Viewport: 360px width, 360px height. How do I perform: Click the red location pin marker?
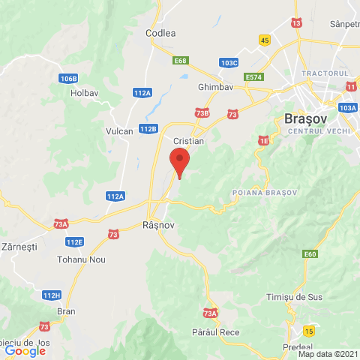pos(178,161)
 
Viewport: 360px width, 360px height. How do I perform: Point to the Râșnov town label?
pos(158,224)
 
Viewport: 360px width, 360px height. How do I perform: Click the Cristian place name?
pos(188,140)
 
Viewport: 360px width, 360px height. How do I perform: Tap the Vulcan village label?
pos(118,130)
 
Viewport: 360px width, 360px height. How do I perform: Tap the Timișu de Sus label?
pos(294,297)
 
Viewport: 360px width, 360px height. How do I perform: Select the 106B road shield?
pos(69,78)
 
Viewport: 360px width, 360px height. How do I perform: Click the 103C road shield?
pos(229,63)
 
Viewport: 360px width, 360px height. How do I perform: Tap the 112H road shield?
pos(51,295)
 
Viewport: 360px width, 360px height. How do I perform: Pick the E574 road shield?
pos(255,76)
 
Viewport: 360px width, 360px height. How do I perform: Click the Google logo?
pos(25,350)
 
